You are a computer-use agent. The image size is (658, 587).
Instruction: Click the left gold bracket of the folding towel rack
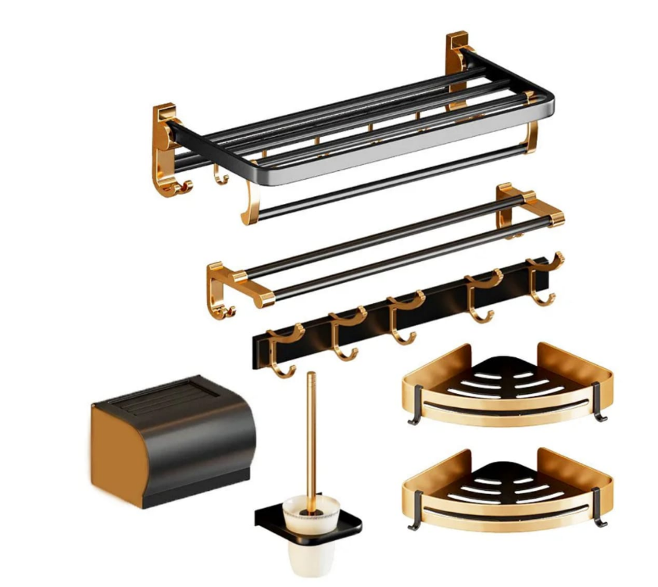click(x=165, y=149)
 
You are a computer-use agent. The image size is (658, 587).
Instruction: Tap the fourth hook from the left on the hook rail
click(x=481, y=293)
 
